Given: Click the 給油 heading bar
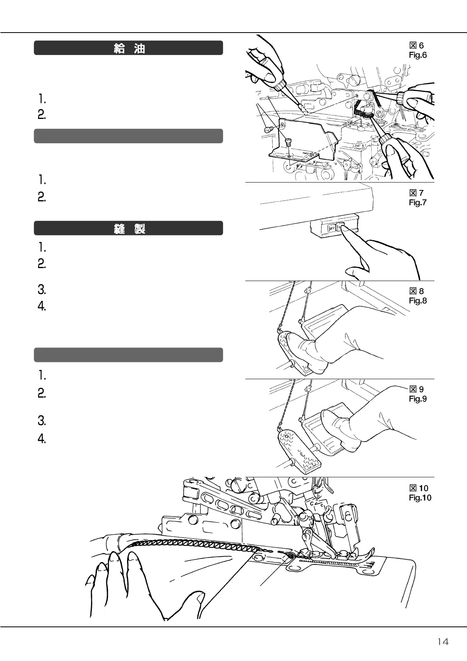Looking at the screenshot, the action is [x=128, y=48].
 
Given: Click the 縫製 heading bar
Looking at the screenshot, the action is [x=128, y=228].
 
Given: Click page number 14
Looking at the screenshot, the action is [x=443, y=642].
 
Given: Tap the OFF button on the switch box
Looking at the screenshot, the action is [x=331, y=228].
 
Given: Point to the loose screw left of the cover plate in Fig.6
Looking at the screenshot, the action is [x=269, y=130].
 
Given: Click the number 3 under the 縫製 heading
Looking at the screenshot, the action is [x=42, y=290].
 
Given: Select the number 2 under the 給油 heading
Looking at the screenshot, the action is [x=42, y=115].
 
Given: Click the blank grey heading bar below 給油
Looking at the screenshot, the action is [x=128, y=136].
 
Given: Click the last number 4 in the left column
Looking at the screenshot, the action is [x=42, y=438].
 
